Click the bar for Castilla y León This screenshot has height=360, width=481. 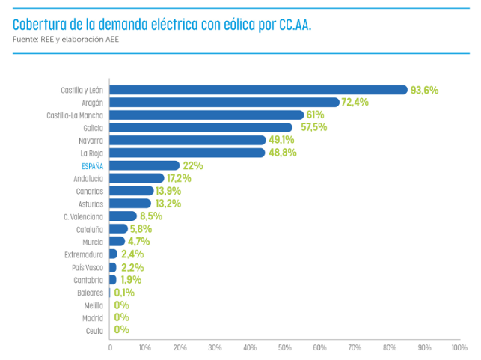258,90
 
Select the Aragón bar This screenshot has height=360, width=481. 224,103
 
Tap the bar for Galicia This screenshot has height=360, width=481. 201,128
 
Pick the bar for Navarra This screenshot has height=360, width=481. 188,140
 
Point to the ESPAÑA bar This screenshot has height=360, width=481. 144,165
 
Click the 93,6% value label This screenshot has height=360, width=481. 424,90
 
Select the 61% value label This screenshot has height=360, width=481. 315,115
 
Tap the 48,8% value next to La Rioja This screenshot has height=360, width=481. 282,153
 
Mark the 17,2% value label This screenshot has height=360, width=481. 179,178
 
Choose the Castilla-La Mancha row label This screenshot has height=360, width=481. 75,115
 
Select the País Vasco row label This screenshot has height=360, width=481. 88,267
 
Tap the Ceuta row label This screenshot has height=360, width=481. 94,330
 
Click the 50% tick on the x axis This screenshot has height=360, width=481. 285,348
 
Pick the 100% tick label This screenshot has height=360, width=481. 459,348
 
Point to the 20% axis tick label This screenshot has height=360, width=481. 180,348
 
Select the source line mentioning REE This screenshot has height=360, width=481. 66,40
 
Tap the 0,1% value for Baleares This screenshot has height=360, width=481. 124,293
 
